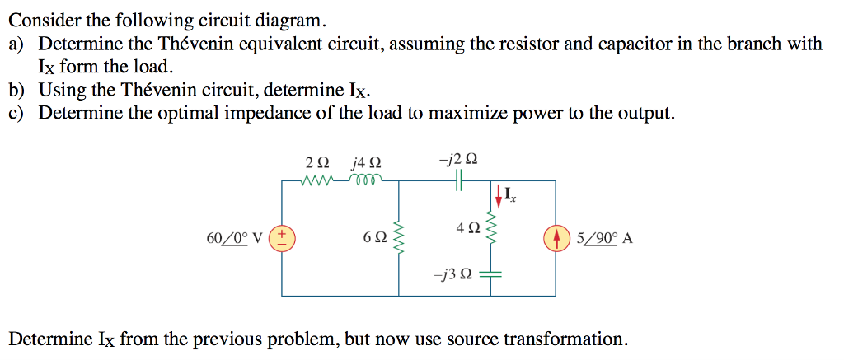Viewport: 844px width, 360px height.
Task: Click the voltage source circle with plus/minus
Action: click(282, 238)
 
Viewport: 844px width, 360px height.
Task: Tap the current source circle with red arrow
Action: click(555, 238)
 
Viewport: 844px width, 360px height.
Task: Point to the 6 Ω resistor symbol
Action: click(401, 237)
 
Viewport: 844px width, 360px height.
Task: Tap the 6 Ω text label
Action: click(374, 238)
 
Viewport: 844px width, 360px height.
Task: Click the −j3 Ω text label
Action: click(454, 275)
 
